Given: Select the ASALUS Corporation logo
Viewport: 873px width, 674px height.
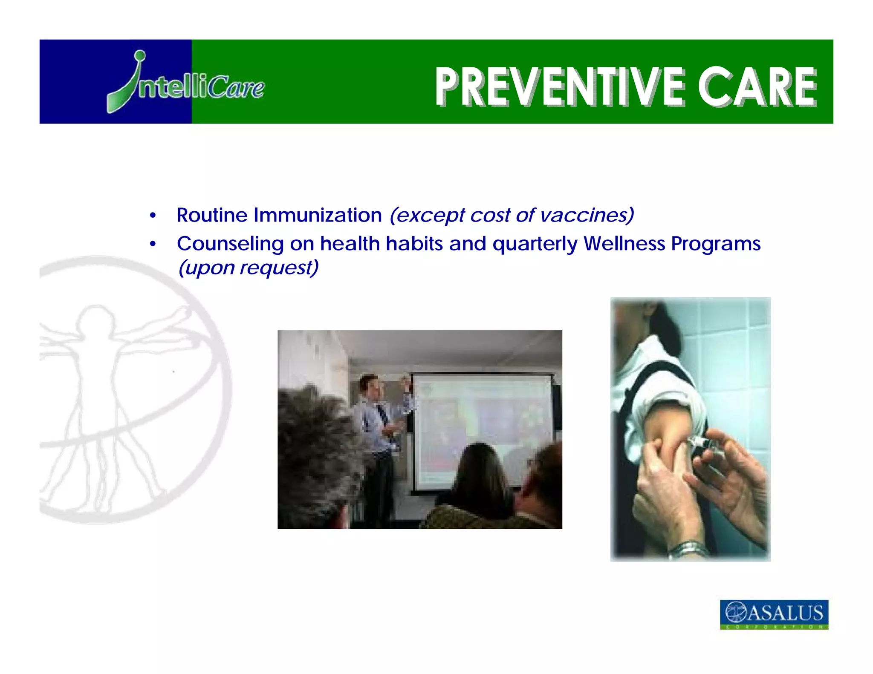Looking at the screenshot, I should pyautogui.click(x=774, y=614).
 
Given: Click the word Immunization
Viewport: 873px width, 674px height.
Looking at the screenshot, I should pyautogui.click(x=318, y=215).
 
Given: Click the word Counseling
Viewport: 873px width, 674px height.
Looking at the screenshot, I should pyautogui.click(x=230, y=244).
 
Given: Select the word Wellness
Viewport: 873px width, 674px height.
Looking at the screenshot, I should pyautogui.click(x=624, y=244).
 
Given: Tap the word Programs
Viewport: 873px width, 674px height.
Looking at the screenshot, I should pyautogui.click(x=716, y=244).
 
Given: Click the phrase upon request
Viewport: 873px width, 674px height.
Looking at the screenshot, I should pyautogui.click(x=249, y=268).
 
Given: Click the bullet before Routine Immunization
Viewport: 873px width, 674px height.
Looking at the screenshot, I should pyautogui.click(x=153, y=216).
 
